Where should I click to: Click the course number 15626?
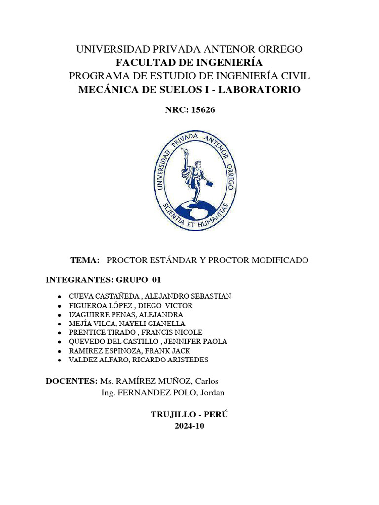(x=202, y=110)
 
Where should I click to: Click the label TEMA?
(x=85, y=260)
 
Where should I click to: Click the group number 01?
(x=156, y=280)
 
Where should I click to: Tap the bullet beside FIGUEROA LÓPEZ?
(x=59, y=306)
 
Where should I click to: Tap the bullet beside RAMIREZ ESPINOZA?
(x=59, y=351)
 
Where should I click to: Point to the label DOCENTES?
(x=71, y=381)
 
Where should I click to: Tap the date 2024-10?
(x=189, y=426)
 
